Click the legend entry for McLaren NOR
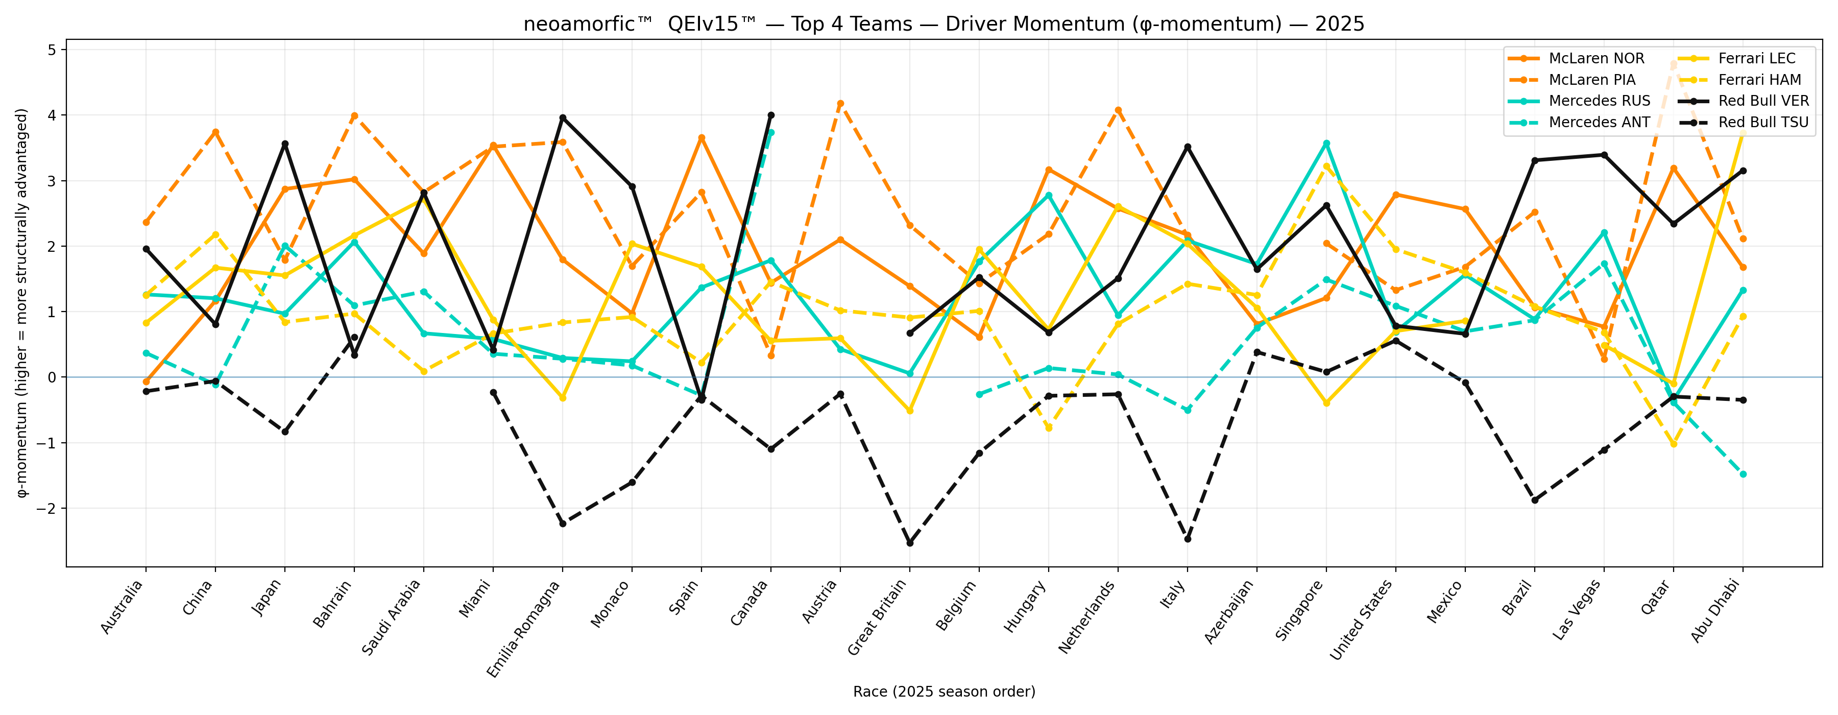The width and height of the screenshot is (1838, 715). coord(1596,59)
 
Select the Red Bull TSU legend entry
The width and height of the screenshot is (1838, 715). coord(1763,122)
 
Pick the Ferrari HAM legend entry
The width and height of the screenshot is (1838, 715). coord(1759,80)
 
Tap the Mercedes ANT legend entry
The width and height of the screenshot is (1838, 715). coord(1599,122)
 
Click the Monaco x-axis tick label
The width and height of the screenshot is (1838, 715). coord(612,604)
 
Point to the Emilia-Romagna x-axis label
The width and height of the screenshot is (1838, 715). coord(525,628)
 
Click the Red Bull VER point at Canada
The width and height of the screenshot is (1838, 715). coord(770,115)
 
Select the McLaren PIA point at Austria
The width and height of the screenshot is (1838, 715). coord(840,104)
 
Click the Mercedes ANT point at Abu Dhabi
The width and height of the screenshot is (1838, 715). coord(1743,474)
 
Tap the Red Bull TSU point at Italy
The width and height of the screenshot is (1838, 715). coord(1187,539)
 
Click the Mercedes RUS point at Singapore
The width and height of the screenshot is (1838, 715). coord(1326,144)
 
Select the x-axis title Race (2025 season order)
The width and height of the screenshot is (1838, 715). coord(944,692)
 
